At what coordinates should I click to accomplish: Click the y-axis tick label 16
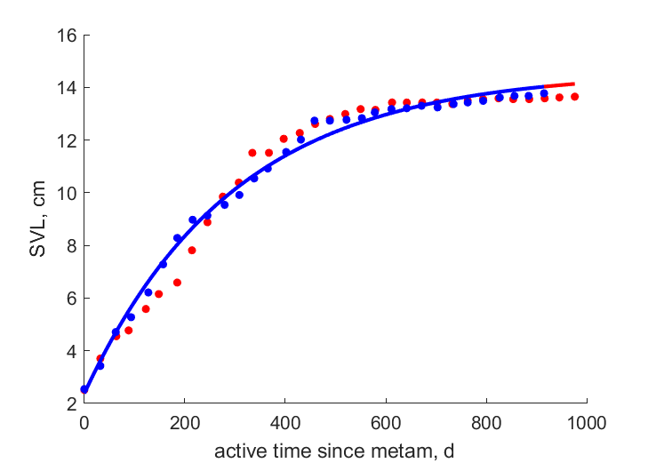(67, 36)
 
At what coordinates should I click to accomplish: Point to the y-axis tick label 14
(67, 88)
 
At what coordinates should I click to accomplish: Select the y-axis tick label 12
(67, 140)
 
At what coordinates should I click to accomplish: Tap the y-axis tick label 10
(67, 193)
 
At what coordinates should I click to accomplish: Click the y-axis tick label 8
(71, 246)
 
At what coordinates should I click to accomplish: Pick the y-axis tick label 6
(71, 299)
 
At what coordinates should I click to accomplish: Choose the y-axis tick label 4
(71, 351)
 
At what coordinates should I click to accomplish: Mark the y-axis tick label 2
(71, 403)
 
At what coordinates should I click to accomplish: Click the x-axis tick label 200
(185, 423)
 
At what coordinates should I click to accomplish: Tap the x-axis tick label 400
(285, 423)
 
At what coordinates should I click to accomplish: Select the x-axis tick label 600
(386, 423)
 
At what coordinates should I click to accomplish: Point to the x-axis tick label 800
(486, 423)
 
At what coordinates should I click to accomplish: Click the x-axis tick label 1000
(587, 423)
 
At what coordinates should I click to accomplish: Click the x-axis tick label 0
(84, 423)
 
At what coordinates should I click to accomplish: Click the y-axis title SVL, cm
(37, 219)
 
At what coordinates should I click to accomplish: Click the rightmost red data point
(574, 97)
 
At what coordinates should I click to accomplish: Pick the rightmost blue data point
(544, 93)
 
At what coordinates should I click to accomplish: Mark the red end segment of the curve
(560, 84)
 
